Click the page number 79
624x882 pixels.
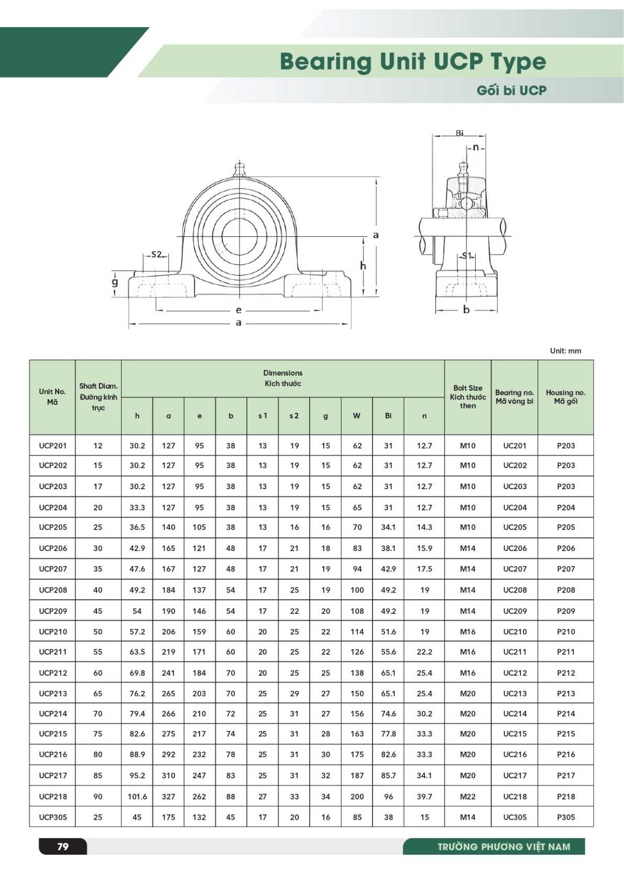point(63,846)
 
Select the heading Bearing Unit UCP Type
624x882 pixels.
point(413,62)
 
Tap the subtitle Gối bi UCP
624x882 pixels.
point(511,91)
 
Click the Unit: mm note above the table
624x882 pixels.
point(565,351)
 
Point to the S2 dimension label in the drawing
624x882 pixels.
point(157,255)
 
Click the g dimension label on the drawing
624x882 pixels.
point(115,282)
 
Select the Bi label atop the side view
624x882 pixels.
point(459,133)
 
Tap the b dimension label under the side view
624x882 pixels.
point(466,310)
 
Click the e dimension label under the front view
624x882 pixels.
point(238,310)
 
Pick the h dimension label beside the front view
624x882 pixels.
point(363,266)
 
